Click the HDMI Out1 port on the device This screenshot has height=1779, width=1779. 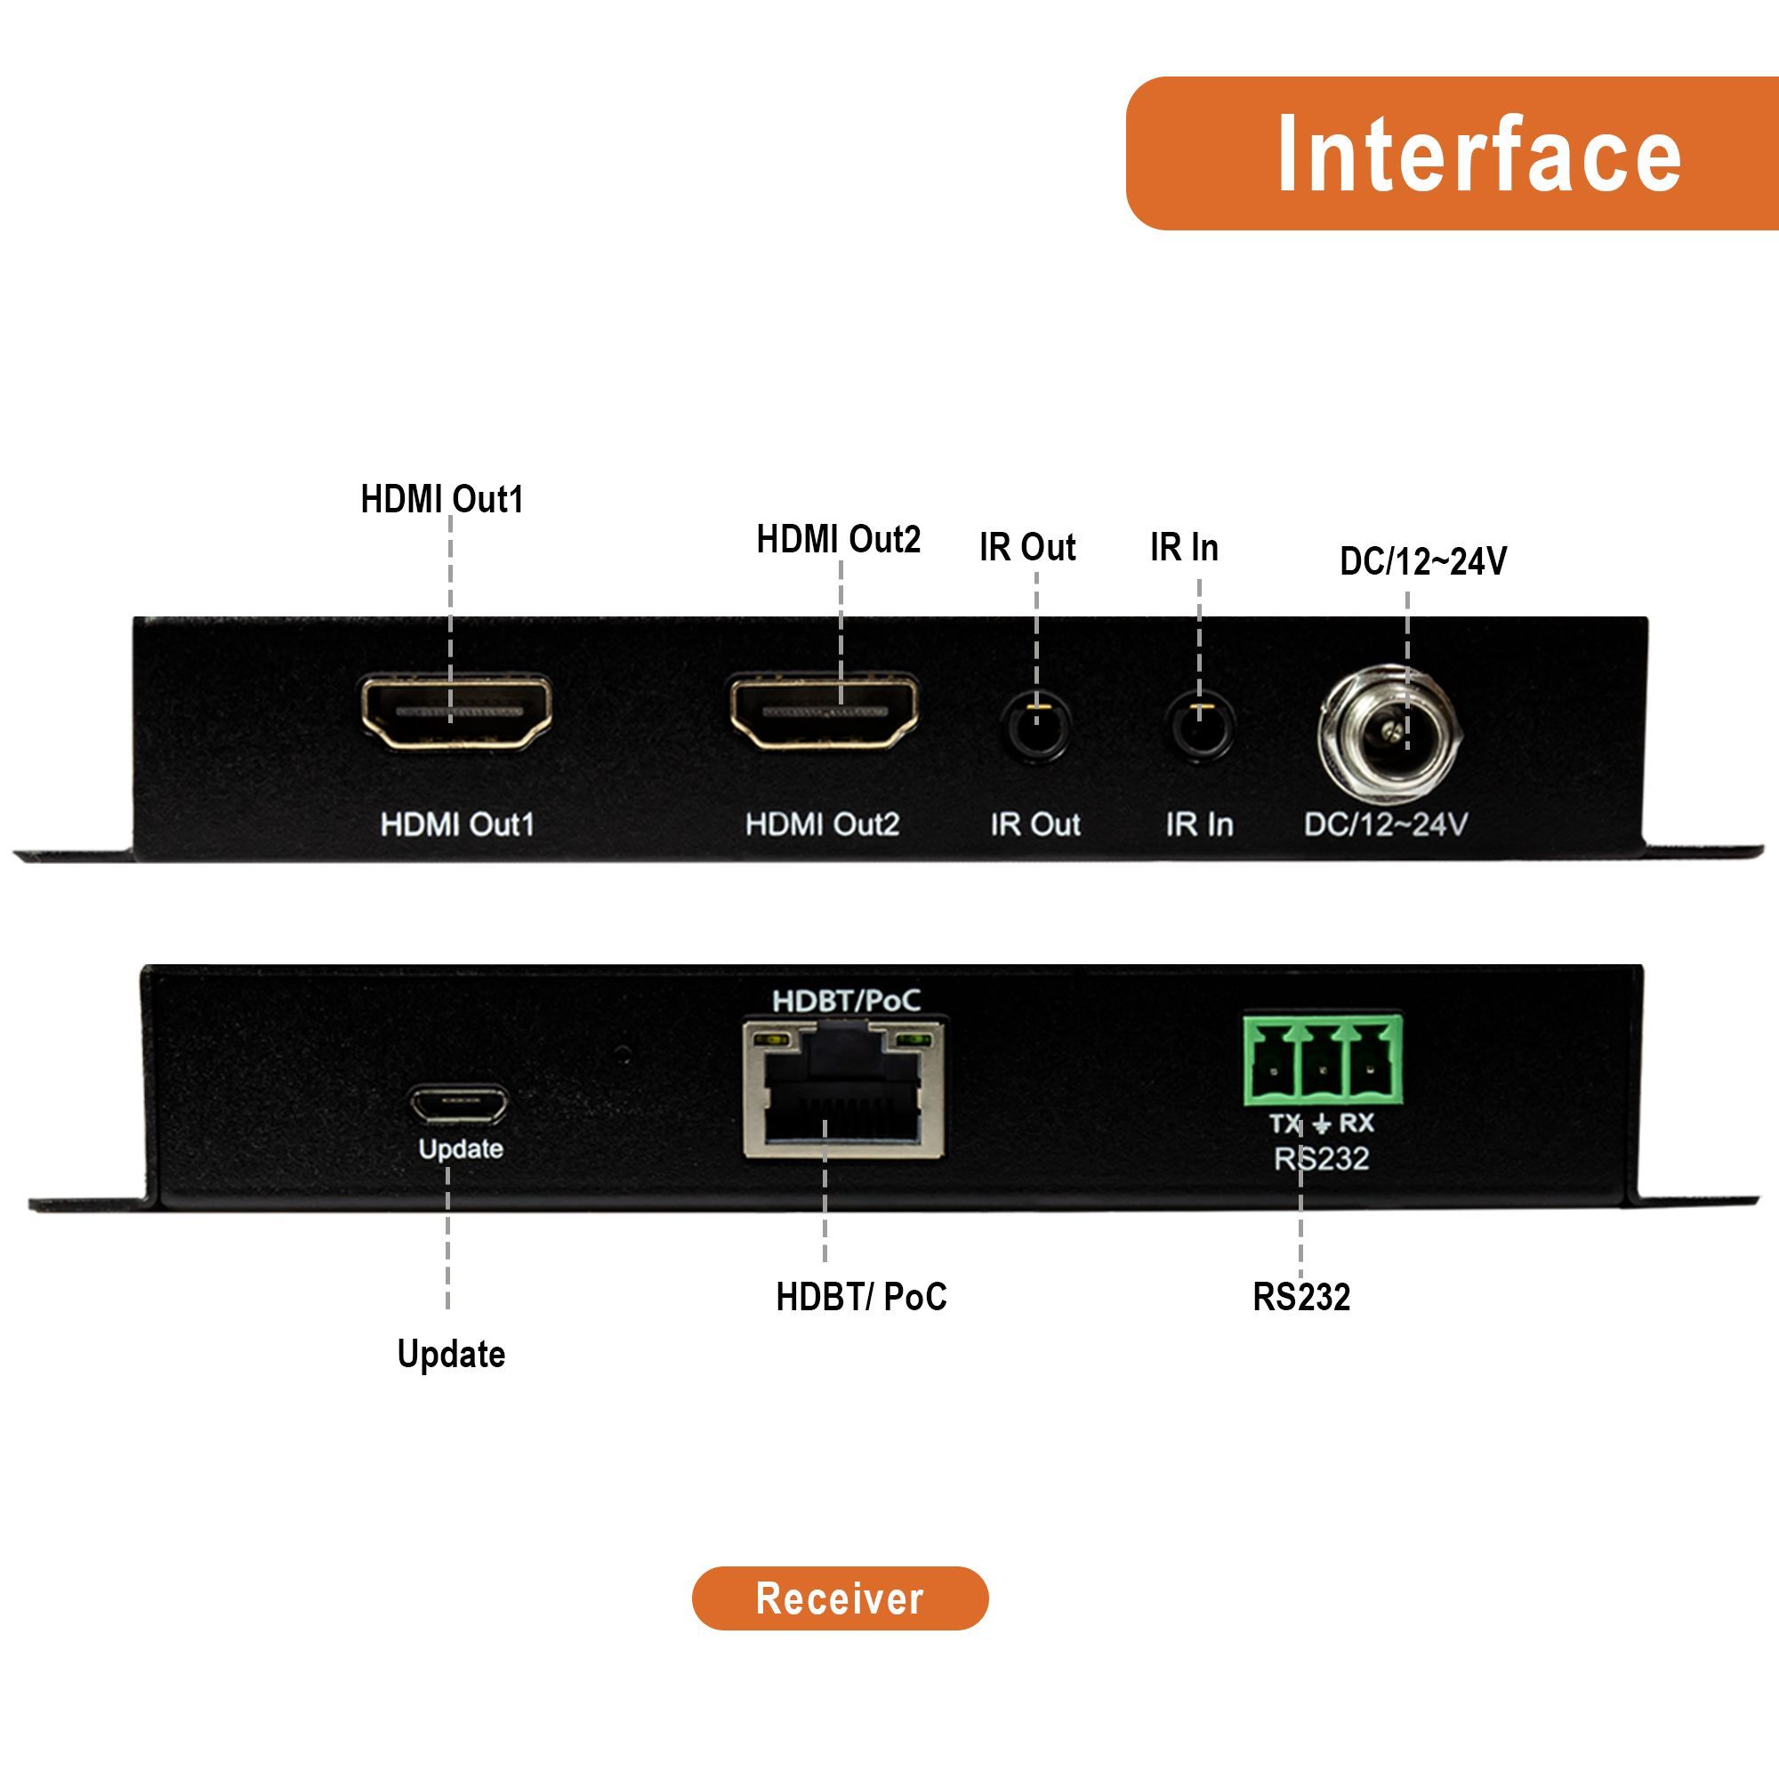pyautogui.click(x=456, y=712)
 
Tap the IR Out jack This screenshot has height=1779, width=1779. pyautogui.click(x=1037, y=727)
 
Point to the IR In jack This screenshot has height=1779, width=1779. pyautogui.click(x=1200, y=727)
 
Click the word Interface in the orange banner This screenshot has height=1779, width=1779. pyautogui.click(x=1479, y=154)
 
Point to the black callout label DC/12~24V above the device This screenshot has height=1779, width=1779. pyautogui.click(x=1422, y=560)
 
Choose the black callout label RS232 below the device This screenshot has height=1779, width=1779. pyautogui.click(x=1301, y=1297)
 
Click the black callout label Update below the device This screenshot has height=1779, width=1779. pyautogui.click(x=451, y=1354)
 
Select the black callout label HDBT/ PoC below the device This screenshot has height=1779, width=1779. pyautogui.click(x=861, y=1297)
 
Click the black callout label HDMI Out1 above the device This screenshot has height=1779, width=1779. pyautogui.click(x=442, y=499)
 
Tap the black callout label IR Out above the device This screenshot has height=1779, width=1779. pyautogui.click(x=1027, y=547)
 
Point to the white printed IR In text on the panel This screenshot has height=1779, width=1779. pyautogui.click(x=1199, y=825)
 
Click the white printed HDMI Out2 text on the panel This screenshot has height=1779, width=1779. pyautogui.click(x=822, y=825)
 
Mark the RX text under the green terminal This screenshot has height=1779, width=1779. pyautogui.click(x=1356, y=1123)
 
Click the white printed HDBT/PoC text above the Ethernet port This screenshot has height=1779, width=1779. pyautogui.click(x=845, y=1001)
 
